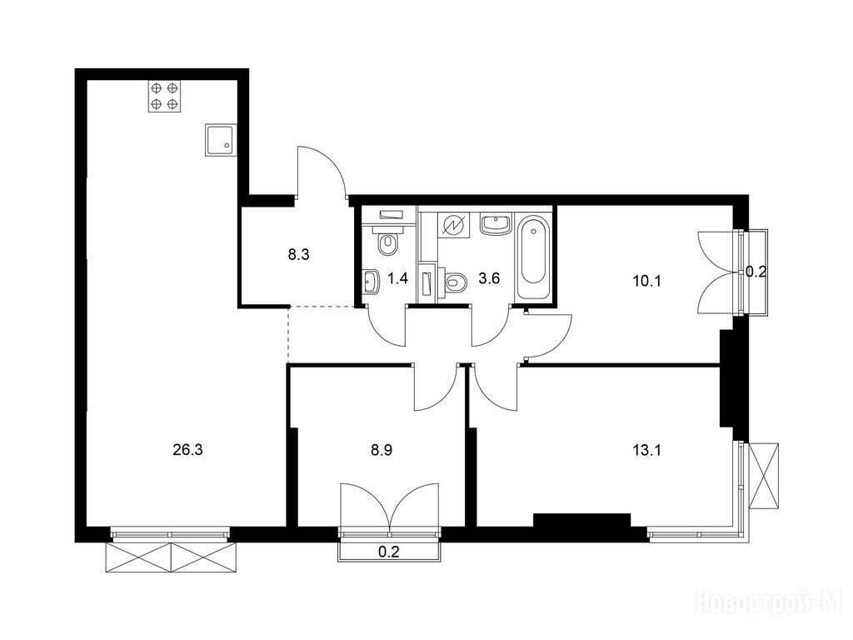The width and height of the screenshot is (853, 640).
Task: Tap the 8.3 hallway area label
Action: pos(299,254)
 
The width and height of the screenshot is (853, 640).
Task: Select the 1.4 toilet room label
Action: pos(397,279)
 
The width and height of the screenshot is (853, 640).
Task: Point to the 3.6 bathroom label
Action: pos(489,279)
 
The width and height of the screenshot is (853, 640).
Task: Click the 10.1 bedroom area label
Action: pos(646,281)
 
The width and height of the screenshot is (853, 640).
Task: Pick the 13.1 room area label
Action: pos(646,450)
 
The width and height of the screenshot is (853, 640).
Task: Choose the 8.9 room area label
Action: pos(381,450)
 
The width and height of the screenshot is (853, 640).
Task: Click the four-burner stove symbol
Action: pos(165,96)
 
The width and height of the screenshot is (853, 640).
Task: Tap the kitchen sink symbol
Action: pos(221,140)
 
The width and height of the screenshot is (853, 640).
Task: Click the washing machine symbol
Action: pos(452,225)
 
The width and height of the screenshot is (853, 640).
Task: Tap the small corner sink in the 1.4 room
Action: pos(372,282)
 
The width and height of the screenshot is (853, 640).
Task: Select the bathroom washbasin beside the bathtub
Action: pos(496,224)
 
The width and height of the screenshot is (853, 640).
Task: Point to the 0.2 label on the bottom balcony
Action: pos(389,552)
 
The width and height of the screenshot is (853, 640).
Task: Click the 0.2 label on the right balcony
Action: pos(756,272)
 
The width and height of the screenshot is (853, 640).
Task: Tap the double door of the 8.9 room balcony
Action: pos(390,505)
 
